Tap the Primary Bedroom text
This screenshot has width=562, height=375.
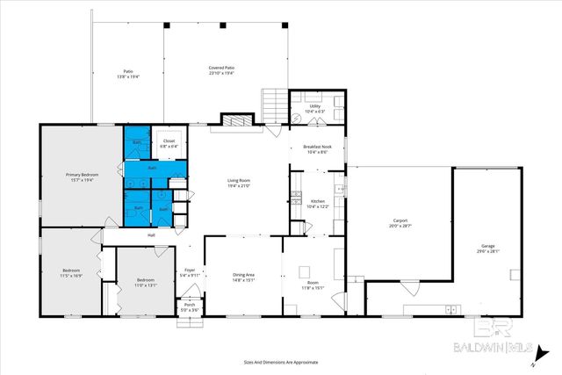pyautogui.click(x=83, y=175)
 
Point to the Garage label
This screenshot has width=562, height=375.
pyautogui.click(x=487, y=245)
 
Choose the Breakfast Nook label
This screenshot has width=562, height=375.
pyautogui.click(x=315, y=147)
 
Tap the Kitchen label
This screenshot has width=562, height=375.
pyautogui.click(x=318, y=201)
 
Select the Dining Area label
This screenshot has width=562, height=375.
pyautogui.click(x=244, y=276)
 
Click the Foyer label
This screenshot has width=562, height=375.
pyautogui.click(x=189, y=270)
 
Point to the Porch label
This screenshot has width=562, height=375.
pyautogui.click(x=189, y=306)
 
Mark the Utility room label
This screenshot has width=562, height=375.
pyautogui.click(x=314, y=105)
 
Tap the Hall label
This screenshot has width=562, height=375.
pyautogui.click(x=151, y=234)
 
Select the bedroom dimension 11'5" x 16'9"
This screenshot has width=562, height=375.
pyautogui.click(x=71, y=275)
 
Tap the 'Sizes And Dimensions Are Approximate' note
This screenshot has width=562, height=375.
pyautogui.click(x=280, y=361)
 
